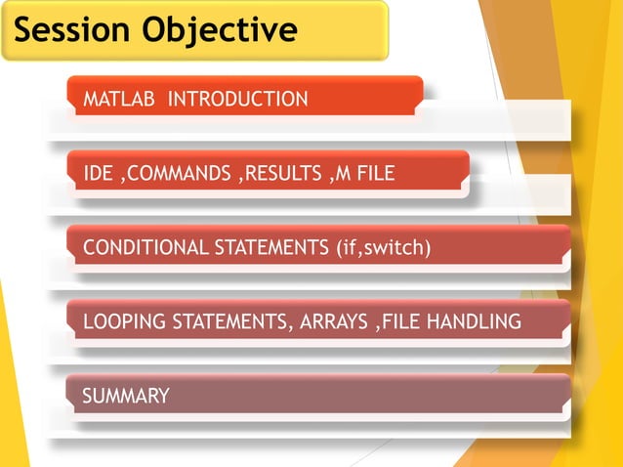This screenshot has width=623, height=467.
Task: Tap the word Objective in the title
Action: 219,30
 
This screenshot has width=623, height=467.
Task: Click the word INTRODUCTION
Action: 239,99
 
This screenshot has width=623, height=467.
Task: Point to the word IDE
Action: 98,174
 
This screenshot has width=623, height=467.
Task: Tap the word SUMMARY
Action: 126,396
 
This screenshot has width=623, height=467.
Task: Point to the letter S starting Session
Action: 27,30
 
